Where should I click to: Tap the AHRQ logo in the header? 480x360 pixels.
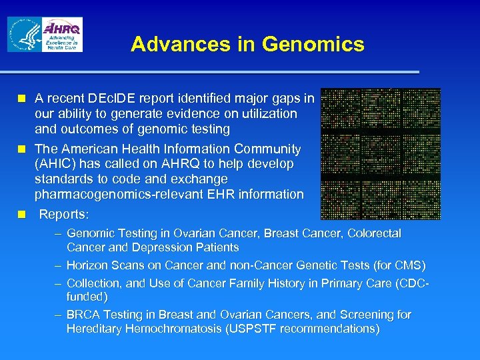pos(63,35)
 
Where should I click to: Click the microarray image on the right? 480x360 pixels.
pos(380,154)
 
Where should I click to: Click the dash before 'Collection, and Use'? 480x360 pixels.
pos(59,283)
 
